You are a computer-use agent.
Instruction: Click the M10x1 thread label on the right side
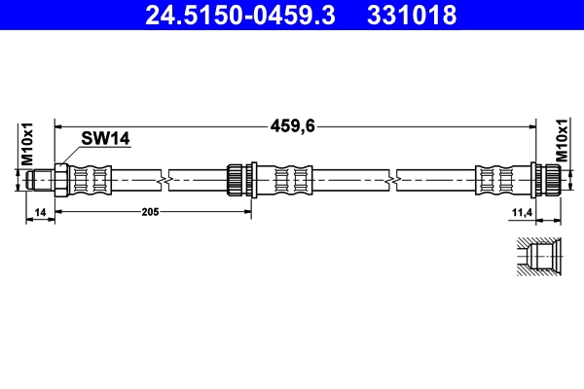click(562, 143)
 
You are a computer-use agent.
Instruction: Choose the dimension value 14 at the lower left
click(39, 211)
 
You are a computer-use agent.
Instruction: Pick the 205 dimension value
click(149, 211)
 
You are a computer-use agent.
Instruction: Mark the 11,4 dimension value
click(521, 211)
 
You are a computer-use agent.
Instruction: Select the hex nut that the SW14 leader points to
click(59, 180)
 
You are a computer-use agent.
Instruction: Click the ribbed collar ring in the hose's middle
click(235, 180)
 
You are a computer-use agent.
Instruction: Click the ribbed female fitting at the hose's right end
click(549, 180)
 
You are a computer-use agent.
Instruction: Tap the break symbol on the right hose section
click(391, 180)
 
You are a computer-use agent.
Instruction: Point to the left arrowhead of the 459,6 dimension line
click(60, 124)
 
